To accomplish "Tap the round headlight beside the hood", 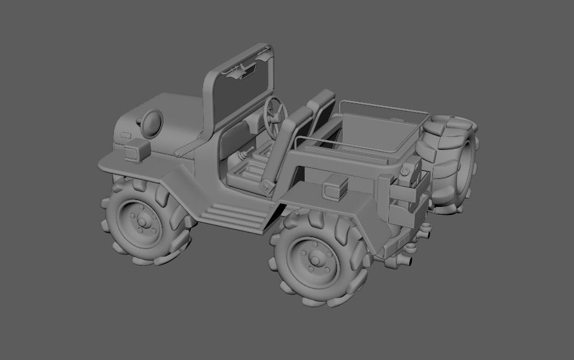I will click(150, 123).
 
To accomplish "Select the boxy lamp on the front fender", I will click(137, 150).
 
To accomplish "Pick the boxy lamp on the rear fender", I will click(336, 187).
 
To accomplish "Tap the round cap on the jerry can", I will click(406, 169).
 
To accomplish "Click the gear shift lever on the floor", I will click(244, 154).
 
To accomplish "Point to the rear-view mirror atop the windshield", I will click(245, 72).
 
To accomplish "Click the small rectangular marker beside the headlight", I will click(126, 135).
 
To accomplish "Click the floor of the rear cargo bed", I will click(378, 133).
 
